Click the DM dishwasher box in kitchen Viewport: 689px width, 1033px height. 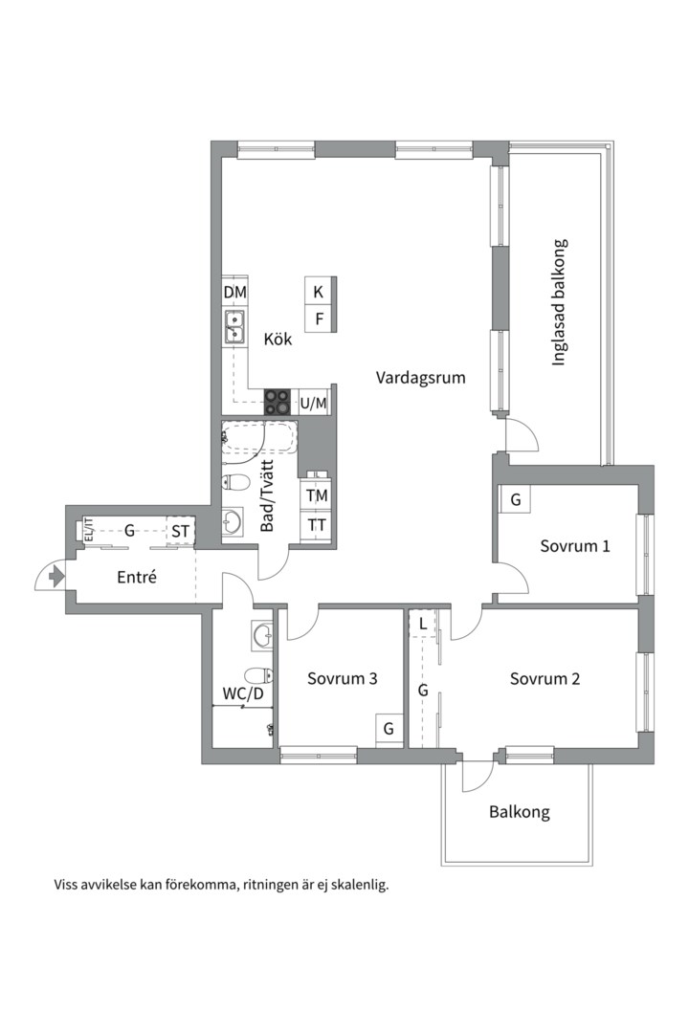[235, 292]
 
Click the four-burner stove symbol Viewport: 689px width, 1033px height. [278, 403]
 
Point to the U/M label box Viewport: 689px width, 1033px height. [314, 404]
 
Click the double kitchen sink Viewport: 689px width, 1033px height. [234, 327]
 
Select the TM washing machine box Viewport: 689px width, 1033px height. [317, 495]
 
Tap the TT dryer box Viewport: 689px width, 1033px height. [317, 525]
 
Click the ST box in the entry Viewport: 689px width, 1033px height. [180, 531]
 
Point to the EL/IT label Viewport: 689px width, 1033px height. [88, 530]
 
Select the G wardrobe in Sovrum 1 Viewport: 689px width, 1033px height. [515, 499]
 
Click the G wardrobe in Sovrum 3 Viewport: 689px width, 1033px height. [389, 729]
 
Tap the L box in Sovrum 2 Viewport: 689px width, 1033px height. [423, 625]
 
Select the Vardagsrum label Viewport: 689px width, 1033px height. [420, 377]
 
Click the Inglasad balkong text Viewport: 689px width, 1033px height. [560, 302]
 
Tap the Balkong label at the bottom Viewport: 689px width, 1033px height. [519, 812]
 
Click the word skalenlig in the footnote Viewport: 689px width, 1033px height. [357, 885]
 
